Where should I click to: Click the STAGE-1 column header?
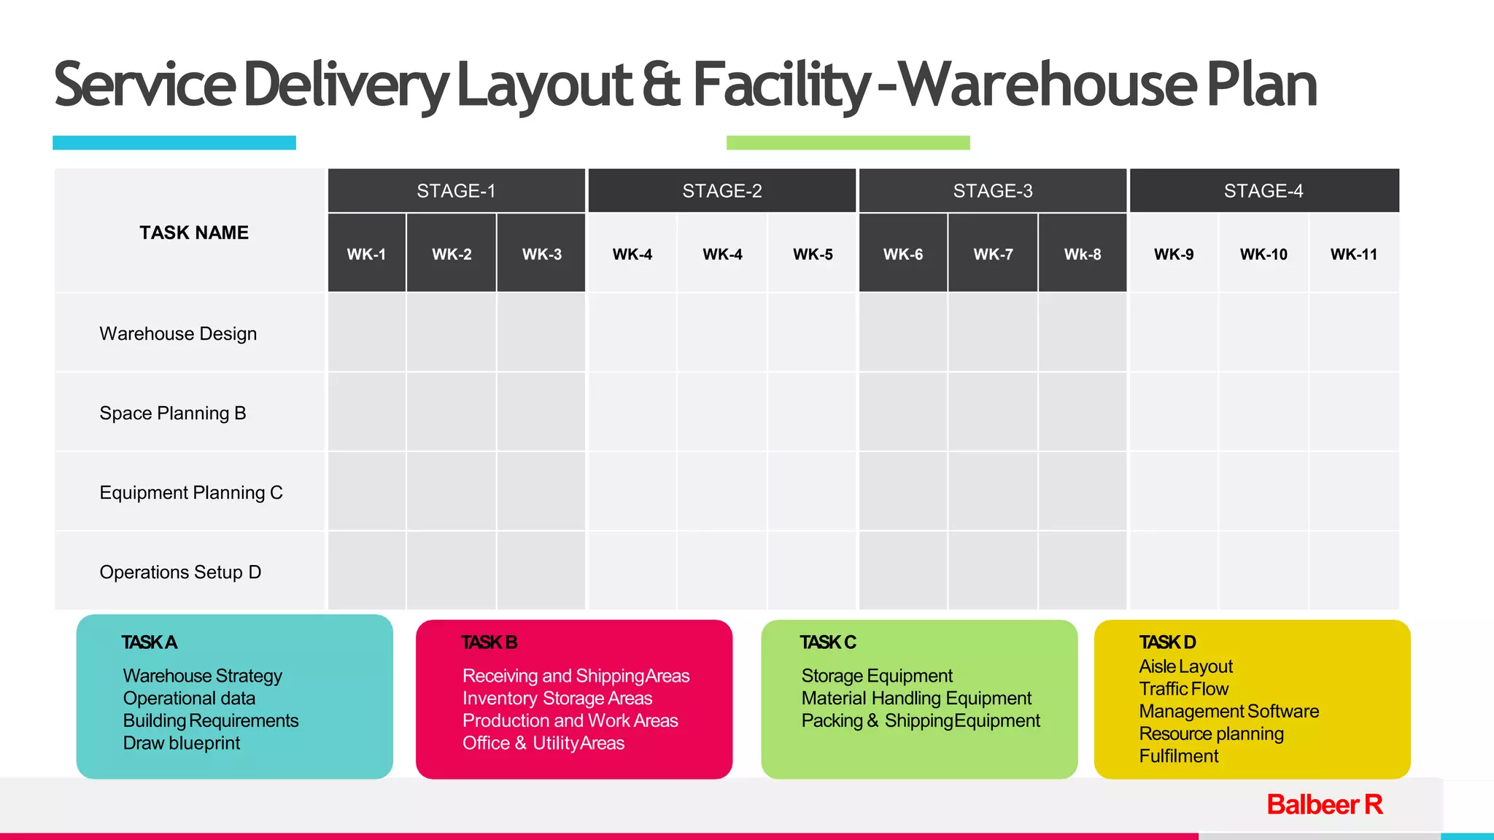click(x=456, y=191)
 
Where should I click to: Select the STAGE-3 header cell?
click(x=992, y=191)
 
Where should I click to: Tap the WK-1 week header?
click(x=366, y=254)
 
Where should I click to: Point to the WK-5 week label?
click(x=813, y=254)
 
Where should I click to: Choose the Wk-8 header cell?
click(x=1083, y=254)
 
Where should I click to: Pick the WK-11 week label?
click(x=1354, y=254)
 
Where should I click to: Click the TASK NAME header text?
click(x=194, y=233)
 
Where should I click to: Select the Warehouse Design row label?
click(x=178, y=334)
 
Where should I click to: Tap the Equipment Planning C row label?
click(x=191, y=493)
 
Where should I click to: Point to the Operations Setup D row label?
click(x=180, y=572)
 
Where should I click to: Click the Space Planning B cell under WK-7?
click(x=993, y=412)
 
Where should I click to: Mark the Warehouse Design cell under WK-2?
click(x=452, y=332)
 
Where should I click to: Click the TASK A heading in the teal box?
click(x=150, y=642)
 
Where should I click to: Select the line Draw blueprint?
click(x=182, y=743)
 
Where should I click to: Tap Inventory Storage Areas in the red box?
click(x=557, y=699)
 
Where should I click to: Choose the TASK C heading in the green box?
click(x=828, y=642)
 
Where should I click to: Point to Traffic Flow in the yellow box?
click(x=1184, y=689)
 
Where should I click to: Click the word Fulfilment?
click(x=1179, y=756)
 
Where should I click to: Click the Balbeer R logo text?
click(x=1325, y=805)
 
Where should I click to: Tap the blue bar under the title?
click(x=174, y=143)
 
